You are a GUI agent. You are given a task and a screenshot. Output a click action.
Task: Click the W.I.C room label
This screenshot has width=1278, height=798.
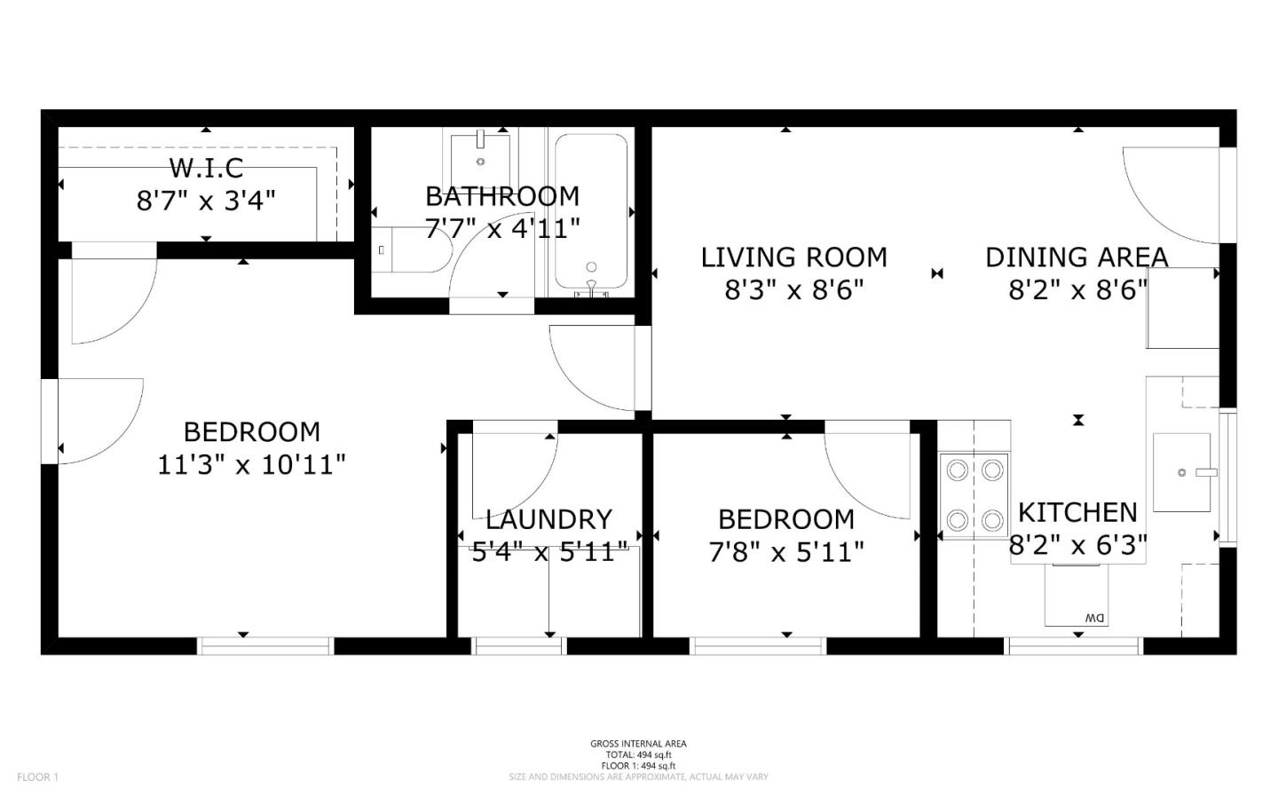coord(206,167)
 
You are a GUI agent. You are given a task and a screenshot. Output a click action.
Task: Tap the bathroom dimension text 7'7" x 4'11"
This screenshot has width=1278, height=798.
coord(502,228)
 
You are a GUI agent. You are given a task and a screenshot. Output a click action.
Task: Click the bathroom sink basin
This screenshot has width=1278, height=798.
coord(480,156)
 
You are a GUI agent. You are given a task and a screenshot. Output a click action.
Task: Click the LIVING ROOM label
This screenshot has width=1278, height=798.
coord(793,257)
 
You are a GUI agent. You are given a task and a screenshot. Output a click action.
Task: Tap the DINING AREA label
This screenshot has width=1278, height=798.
coord(1077,257)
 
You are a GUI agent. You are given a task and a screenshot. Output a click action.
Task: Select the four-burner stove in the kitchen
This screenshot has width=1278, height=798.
coord(974,494)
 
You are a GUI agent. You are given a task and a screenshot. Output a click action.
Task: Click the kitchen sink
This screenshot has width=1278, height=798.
coord(1182,472)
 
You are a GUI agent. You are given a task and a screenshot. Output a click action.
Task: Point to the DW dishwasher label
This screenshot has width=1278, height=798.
coord(1093,618)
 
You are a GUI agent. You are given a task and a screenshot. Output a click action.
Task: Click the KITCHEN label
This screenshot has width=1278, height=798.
coord(1077,512)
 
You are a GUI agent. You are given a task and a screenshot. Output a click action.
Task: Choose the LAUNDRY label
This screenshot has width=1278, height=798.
coord(548,519)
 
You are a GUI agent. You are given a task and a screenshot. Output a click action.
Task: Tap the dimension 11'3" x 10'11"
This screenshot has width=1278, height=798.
coord(251,464)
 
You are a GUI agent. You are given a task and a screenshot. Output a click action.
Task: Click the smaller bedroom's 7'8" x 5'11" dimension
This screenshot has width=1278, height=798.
coord(786,552)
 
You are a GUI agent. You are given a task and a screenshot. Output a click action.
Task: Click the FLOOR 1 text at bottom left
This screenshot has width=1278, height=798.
coord(37,777)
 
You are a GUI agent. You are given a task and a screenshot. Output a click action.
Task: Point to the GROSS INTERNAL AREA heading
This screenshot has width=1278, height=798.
coord(638,744)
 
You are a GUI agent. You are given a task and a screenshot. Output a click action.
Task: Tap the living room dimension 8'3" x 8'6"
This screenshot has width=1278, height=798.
coord(793,289)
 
